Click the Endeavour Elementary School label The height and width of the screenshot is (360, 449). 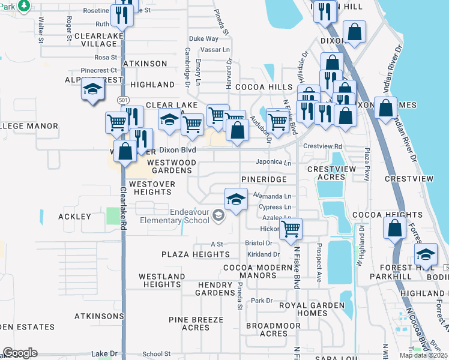[x=173, y=215]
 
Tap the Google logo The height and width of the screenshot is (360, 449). [x=19, y=353]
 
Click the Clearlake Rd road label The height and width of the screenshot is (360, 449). [x=122, y=208]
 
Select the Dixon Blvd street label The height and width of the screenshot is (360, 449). [x=177, y=149]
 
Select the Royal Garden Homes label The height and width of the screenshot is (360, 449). [x=312, y=309]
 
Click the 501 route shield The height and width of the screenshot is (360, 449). [x=122, y=100]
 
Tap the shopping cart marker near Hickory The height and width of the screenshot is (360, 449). [x=291, y=228]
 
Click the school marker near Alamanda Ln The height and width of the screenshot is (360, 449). [x=237, y=199]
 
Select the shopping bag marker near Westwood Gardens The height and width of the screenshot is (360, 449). [x=125, y=151]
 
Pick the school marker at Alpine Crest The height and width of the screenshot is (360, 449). [x=92, y=90]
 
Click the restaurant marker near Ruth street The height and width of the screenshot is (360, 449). [x=122, y=15]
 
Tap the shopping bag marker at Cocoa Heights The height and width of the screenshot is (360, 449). [x=395, y=229]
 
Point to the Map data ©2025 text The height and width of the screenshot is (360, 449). [x=423, y=355]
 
